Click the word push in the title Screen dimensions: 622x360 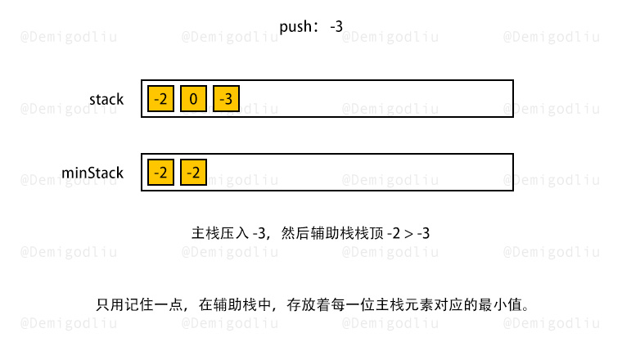[295, 27]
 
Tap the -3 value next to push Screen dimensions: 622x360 [336, 26]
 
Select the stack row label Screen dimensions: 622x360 [106, 99]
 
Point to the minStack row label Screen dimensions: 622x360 [92, 173]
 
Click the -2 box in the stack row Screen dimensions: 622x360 [160, 98]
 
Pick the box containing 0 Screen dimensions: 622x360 [193, 98]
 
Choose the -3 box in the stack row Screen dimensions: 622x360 [226, 98]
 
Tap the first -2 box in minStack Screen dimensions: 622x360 [160, 172]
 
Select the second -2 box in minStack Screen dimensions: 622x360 [193, 172]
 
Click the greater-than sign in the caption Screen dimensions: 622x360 [408, 234]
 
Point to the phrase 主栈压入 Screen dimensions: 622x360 [220, 233]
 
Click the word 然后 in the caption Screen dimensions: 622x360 [295, 233]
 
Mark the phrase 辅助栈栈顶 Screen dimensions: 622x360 [347, 233]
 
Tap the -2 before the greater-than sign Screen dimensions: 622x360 [394, 233]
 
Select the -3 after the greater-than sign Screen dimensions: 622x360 [423, 233]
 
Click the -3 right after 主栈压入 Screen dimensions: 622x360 [259, 233]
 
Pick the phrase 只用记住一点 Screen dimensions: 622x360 [139, 305]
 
